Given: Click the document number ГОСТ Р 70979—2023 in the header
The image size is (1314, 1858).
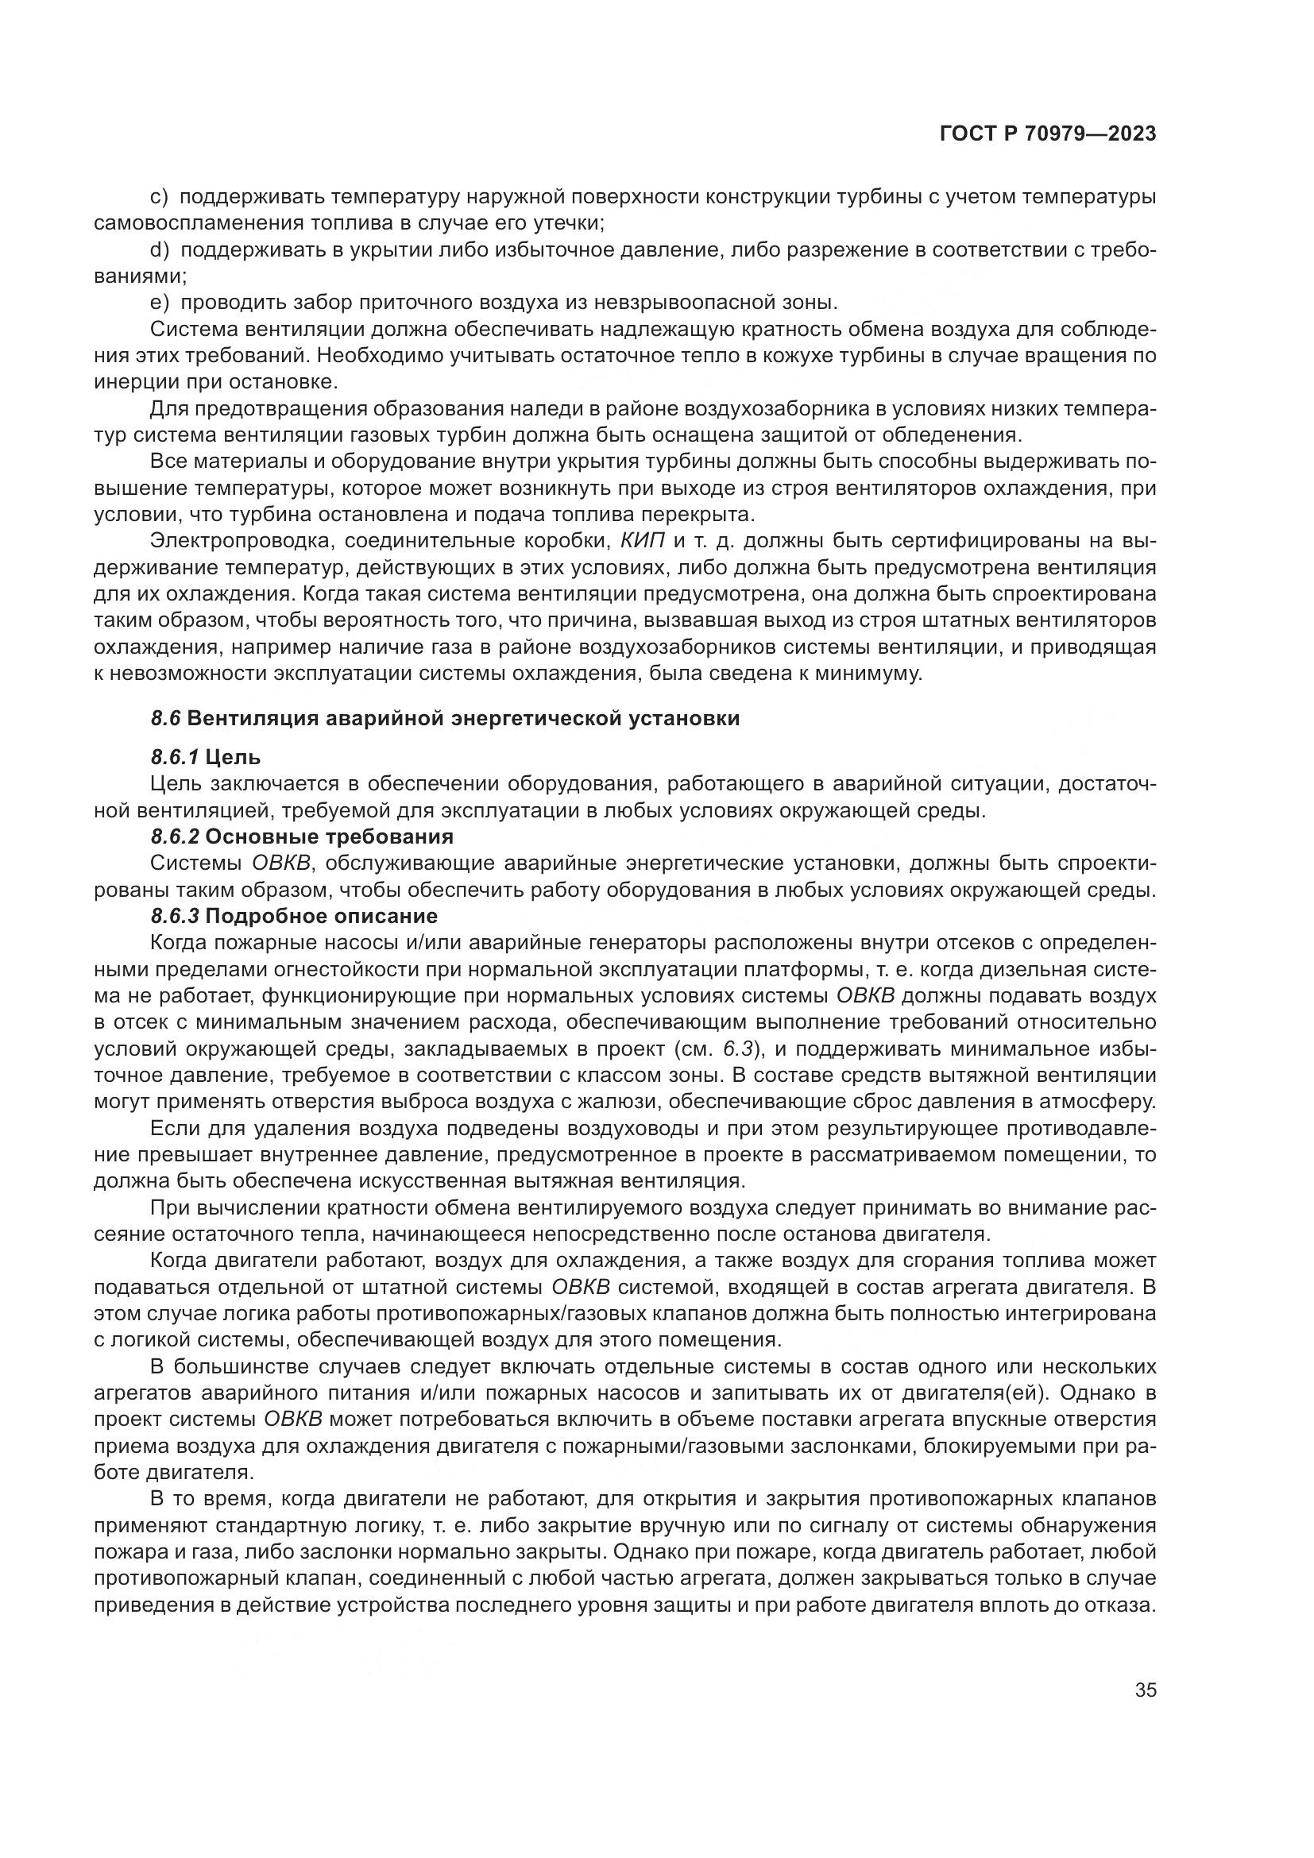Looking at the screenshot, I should pyautogui.click(x=1048, y=134).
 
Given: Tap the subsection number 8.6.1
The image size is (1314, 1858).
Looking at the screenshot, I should pyautogui.click(x=174, y=758).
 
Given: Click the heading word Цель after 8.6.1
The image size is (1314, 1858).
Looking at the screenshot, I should pyautogui.click(x=233, y=758).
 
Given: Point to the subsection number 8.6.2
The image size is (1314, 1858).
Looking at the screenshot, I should pyautogui.click(x=175, y=836).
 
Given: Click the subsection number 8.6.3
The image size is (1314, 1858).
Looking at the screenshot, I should pyautogui.click(x=175, y=916).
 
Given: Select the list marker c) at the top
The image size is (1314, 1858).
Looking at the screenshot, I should pyautogui.click(x=160, y=197).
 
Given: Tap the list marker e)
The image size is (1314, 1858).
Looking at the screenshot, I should pyautogui.click(x=160, y=303).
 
